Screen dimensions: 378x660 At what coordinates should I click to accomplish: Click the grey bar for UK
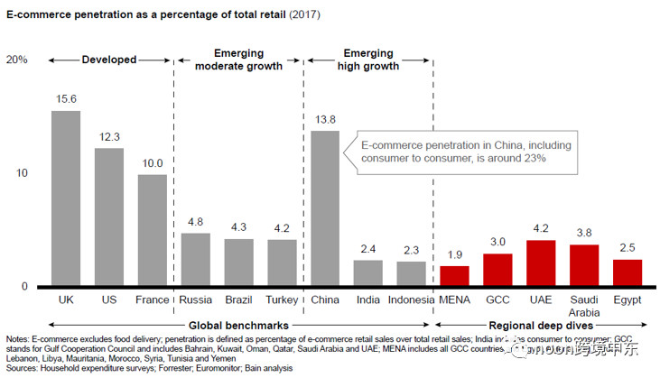(x=65, y=198)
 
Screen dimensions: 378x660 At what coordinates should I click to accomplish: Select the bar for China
(x=325, y=208)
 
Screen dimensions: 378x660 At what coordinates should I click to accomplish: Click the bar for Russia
(x=195, y=260)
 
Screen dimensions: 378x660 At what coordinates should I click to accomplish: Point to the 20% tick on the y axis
(x=17, y=60)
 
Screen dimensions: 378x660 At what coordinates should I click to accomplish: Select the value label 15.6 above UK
(x=65, y=99)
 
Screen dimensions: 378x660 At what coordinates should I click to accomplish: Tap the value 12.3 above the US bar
(x=108, y=136)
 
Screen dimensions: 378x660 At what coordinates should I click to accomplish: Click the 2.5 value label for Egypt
(x=627, y=248)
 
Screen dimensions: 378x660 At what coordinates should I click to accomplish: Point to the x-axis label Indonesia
(x=412, y=299)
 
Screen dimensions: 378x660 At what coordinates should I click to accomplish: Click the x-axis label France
(x=152, y=299)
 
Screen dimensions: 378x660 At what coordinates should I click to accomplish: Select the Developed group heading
(x=109, y=60)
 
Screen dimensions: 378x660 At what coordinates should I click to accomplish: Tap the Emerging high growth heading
(x=368, y=60)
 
